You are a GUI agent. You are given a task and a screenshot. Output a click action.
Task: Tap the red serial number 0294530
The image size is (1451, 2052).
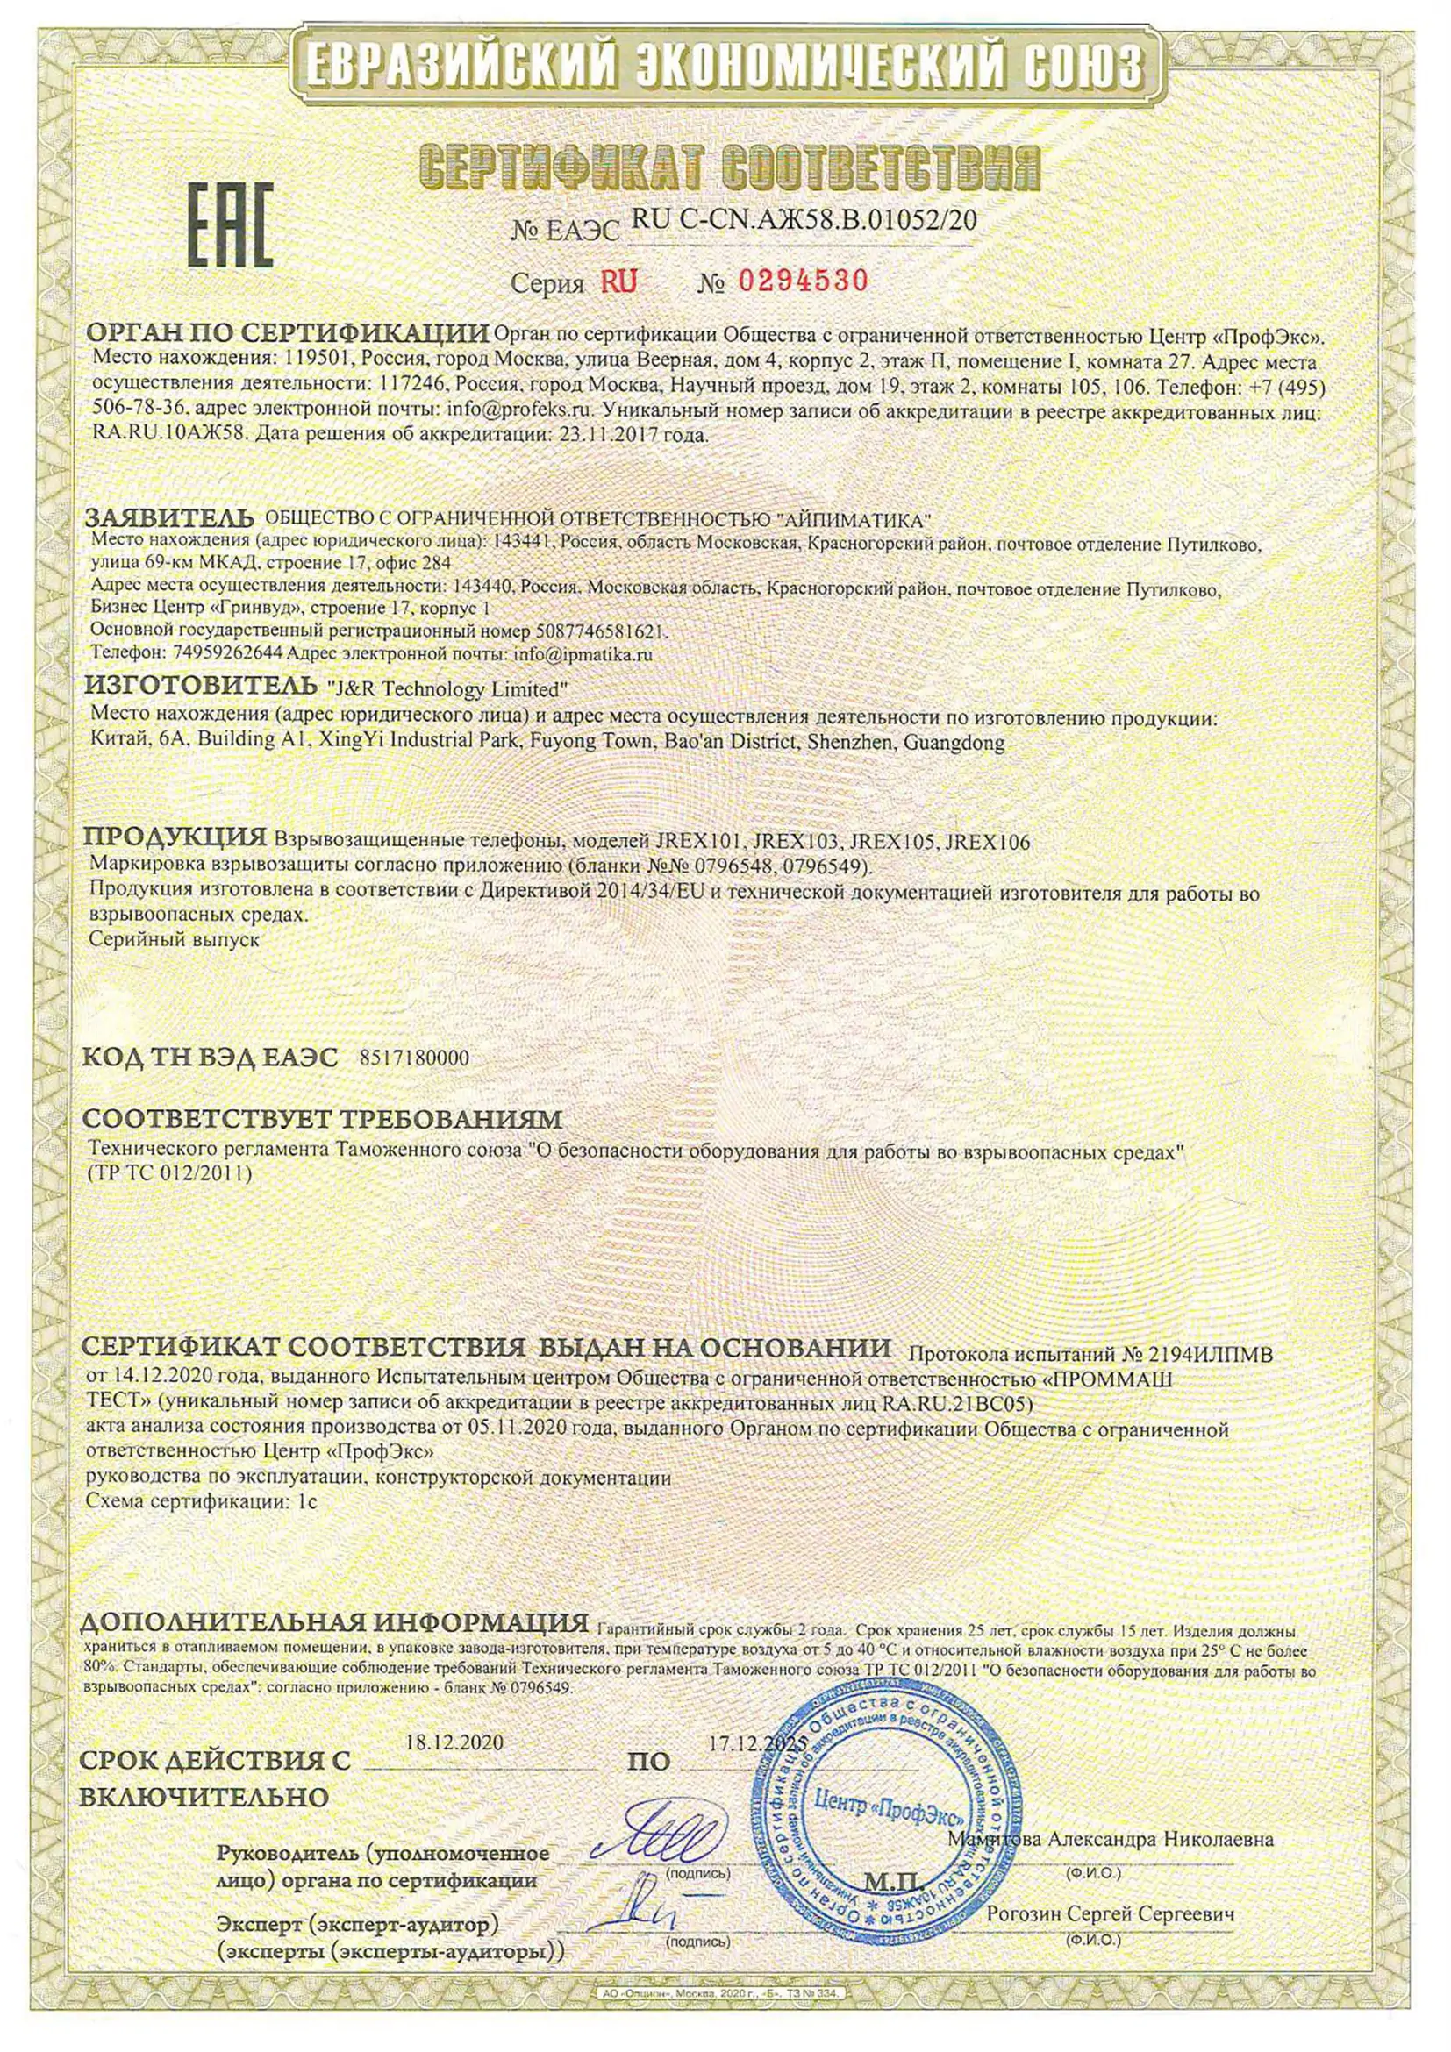(802, 281)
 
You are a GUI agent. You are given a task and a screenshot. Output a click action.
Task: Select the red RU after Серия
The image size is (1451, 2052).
(618, 282)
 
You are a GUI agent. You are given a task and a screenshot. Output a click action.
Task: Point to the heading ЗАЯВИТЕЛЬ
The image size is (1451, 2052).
(170, 518)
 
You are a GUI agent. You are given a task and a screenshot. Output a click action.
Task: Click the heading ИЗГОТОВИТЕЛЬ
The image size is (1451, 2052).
(200, 688)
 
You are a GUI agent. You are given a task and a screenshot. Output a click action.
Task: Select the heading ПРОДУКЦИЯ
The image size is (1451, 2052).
(175, 838)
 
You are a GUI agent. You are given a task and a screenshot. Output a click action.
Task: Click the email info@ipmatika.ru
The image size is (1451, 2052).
(583, 653)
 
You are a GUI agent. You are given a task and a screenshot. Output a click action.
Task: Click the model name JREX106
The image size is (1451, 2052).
(987, 841)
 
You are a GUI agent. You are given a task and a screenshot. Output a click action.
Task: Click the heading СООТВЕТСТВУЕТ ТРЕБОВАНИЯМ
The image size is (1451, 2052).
(322, 1118)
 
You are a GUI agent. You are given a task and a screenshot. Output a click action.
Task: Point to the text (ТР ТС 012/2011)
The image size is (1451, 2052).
(170, 1172)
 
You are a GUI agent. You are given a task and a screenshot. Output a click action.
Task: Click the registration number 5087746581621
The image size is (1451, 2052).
(605, 631)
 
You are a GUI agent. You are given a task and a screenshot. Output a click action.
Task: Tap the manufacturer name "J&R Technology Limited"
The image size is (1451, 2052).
(449, 689)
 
